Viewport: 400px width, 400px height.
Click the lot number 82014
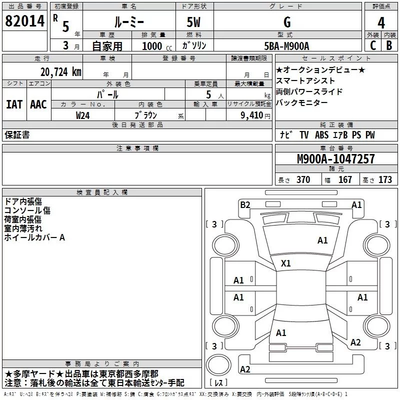coord(24,21)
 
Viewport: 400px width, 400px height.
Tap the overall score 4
coord(381,22)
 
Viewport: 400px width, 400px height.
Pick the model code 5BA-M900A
coord(286,45)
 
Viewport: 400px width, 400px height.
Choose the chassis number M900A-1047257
coord(335,159)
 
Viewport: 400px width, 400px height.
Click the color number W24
coord(83,114)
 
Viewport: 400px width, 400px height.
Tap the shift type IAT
coord(14,104)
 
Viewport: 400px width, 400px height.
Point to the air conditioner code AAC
coord(38,104)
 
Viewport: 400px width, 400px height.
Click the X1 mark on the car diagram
coord(286,263)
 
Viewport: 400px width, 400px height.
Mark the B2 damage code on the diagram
coord(245,204)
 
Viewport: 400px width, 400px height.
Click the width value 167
coord(345,180)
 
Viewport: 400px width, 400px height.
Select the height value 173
coord(385,180)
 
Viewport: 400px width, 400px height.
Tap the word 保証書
coord(17,135)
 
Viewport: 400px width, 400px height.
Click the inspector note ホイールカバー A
coord(34,237)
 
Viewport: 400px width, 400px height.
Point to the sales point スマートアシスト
coord(305,80)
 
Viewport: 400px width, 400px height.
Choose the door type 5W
coord(194,22)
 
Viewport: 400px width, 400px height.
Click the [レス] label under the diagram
coord(220,383)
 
